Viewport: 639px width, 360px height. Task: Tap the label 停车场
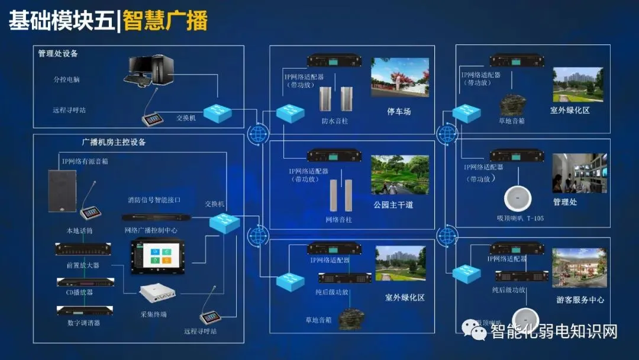tap(399, 111)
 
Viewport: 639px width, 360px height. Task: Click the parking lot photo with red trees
tap(399, 77)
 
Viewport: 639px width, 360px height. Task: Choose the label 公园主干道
tap(393, 205)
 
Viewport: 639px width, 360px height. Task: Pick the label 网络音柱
tap(338, 219)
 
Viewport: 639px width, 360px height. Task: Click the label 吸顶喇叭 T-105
tap(520, 218)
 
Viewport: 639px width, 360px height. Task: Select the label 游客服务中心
tap(580, 300)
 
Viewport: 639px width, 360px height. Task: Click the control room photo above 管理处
tap(579, 173)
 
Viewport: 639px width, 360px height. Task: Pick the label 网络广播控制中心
tap(151, 230)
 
